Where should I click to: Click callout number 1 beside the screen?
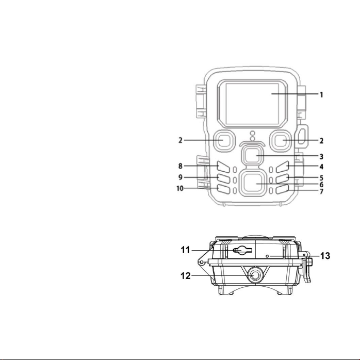pyautogui.click(x=321, y=94)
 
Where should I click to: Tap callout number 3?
pyautogui.click(x=321, y=157)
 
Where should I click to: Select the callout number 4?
pyautogui.click(x=321, y=167)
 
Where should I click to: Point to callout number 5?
pyautogui.click(x=321, y=178)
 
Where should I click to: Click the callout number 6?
pyautogui.click(x=321, y=184)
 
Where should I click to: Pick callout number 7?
pyautogui.click(x=321, y=191)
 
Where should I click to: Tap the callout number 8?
pyautogui.click(x=181, y=166)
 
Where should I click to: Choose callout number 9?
pyautogui.click(x=181, y=177)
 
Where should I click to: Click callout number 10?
pyautogui.click(x=180, y=188)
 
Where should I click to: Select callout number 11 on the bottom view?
pyautogui.click(x=186, y=250)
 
